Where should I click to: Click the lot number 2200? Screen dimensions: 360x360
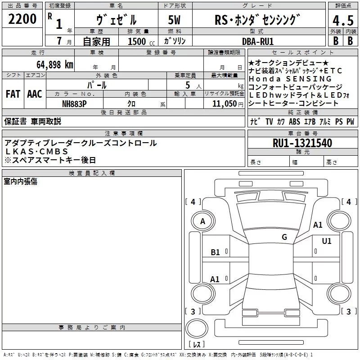point(22,19)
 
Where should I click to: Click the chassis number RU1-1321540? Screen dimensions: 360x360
point(302,144)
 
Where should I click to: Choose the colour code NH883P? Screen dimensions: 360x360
point(75,103)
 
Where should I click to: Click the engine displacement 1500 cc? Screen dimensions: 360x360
point(137,41)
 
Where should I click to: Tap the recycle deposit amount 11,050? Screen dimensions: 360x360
point(224,103)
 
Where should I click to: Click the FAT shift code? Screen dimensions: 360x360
point(13,94)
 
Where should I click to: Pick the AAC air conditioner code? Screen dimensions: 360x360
point(35,94)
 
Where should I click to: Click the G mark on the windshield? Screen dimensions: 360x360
point(284,237)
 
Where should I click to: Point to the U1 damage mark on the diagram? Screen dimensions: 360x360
point(326,241)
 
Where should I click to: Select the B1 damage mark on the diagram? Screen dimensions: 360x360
point(216,252)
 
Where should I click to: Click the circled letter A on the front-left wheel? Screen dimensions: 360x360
point(202,221)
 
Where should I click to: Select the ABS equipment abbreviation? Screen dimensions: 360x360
point(294,122)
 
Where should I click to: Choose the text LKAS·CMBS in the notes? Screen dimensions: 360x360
point(36,152)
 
